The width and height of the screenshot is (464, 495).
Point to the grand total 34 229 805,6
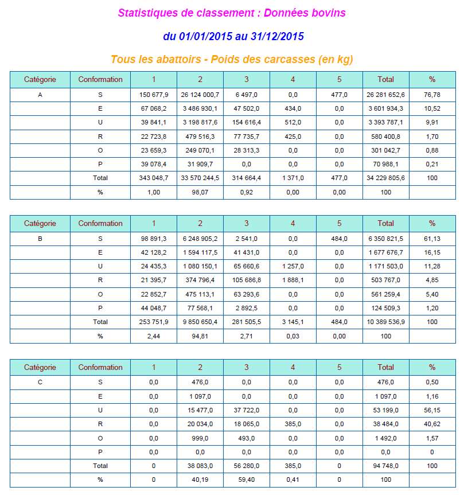point(385,178)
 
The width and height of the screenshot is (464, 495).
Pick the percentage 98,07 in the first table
point(200,192)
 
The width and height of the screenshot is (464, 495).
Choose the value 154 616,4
point(247,123)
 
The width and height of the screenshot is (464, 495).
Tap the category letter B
point(40,239)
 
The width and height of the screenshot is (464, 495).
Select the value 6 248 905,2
point(200,239)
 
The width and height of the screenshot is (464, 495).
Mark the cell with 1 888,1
point(293,280)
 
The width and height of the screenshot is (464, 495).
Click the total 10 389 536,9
point(385,322)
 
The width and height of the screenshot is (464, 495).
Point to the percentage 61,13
point(432,239)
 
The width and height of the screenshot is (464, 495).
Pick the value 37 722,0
point(247,410)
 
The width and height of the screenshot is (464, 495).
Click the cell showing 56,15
point(432,410)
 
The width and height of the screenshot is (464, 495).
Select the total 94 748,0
point(385,466)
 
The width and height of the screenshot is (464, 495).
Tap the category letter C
point(40,383)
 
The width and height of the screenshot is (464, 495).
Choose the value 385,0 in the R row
point(293,424)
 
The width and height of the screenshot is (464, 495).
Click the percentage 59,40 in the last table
point(247,480)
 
